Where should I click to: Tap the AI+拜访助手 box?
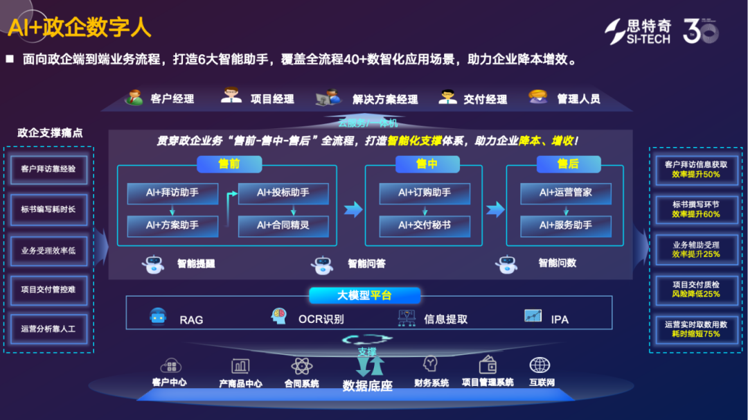(x=172, y=193)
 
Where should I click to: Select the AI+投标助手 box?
(x=283, y=193)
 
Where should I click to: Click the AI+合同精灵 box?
(x=283, y=226)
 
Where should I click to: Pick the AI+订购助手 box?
(x=425, y=193)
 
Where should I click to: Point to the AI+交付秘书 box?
(x=425, y=226)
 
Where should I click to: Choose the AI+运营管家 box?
(x=566, y=193)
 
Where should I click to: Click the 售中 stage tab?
(x=427, y=164)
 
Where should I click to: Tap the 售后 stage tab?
(x=567, y=164)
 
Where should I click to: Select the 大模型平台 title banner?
(x=364, y=295)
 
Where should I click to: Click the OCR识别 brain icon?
(x=279, y=317)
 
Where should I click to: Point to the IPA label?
(x=560, y=320)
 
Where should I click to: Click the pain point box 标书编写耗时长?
(x=48, y=209)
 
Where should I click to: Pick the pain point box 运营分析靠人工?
(x=48, y=329)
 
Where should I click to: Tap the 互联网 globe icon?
(x=540, y=365)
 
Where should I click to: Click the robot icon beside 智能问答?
(x=322, y=264)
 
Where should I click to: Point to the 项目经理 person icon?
(x=231, y=96)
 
